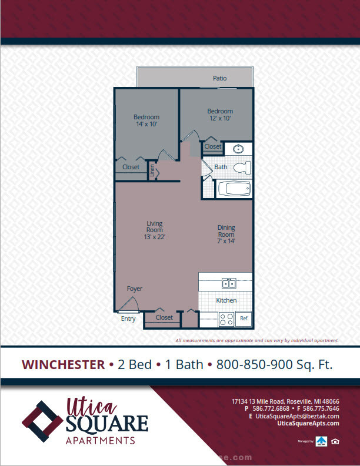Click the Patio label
click(219, 78)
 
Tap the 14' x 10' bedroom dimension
click(146, 124)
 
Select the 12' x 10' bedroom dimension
click(220, 118)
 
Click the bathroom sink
click(238, 149)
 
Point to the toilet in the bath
click(242, 167)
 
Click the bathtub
click(234, 189)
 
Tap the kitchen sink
click(229, 283)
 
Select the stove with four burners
click(226, 320)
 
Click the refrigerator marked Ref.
click(244, 319)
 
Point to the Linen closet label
click(152, 170)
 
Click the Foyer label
click(135, 289)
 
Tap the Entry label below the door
click(128, 319)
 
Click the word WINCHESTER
click(63, 365)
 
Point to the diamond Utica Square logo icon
click(43, 421)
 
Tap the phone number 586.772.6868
click(271, 408)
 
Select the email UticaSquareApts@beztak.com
click(297, 416)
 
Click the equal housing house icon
click(335, 441)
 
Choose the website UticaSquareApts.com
click(308, 423)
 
